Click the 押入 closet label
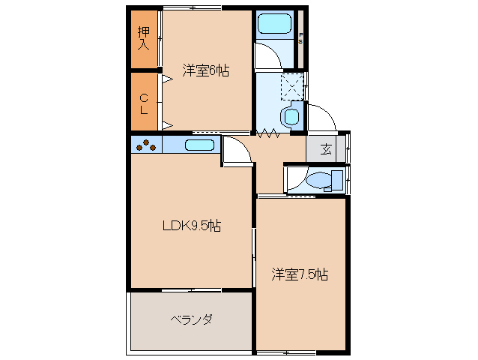[143, 38]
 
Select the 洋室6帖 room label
[205, 70]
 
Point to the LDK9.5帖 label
[192, 225]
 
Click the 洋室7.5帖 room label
[300, 274]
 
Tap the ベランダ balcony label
[191, 319]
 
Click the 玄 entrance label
[327, 148]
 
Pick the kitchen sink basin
[199, 145]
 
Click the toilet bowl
[318, 181]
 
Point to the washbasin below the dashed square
[289, 116]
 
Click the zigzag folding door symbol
[268, 135]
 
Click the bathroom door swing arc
[264, 56]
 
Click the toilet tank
[337, 181]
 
